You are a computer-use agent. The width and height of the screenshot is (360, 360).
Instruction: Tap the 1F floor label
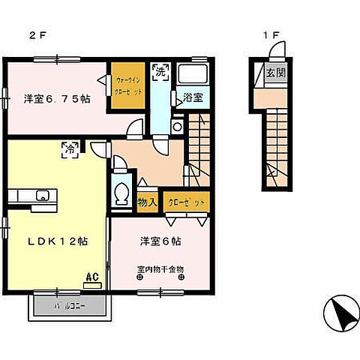pos(271,34)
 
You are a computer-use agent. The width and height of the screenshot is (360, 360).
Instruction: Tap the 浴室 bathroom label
pos(192,97)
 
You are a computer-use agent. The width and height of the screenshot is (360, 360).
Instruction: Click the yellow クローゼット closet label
pos(184,201)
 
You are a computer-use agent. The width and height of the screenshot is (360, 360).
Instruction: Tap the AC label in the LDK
pos(93,277)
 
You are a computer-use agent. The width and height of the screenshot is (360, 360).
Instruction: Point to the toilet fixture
pos(120,193)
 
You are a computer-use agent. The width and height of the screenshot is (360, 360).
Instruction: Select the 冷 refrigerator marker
pos(68,148)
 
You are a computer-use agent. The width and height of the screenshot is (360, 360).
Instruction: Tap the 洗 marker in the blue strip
pos(160,73)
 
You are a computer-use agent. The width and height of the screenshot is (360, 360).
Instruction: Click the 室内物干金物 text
pos(160,268)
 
